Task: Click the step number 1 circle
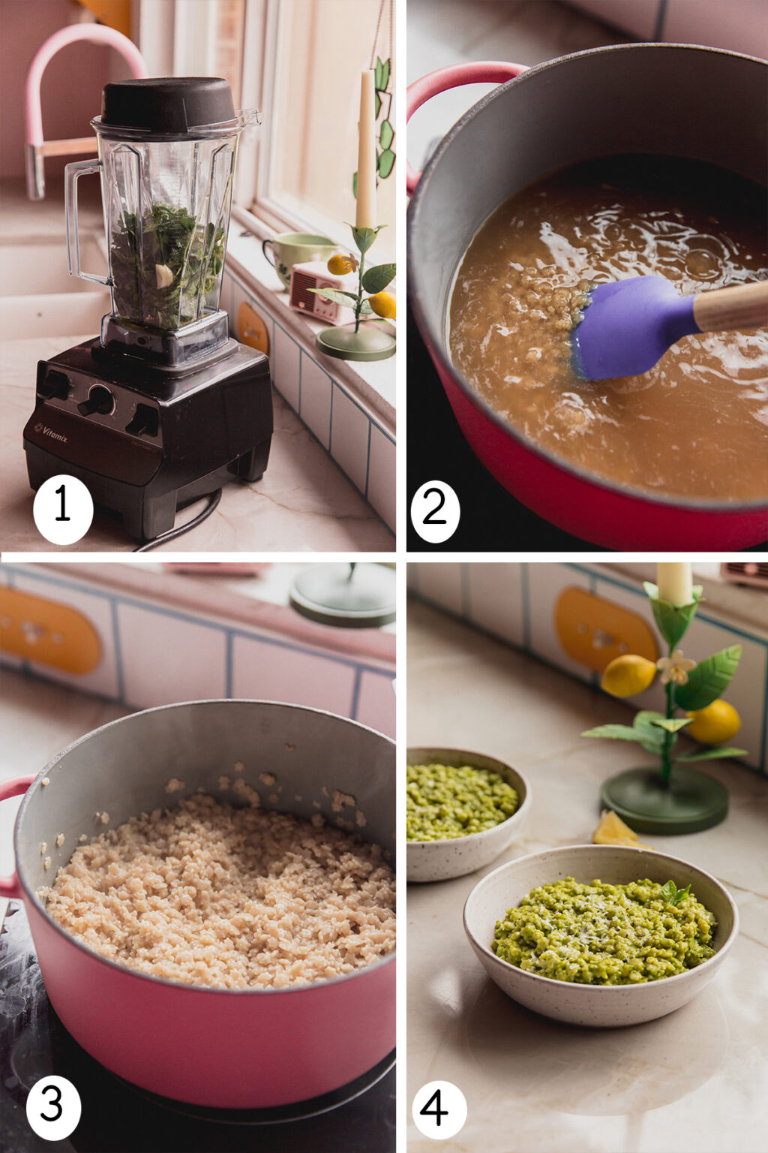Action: coord(63,508)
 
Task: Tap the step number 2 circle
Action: coord(435,508)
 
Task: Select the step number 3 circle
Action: coord(53,1107)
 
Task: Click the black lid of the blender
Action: coord(169,104)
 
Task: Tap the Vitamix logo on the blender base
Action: coord(50,431)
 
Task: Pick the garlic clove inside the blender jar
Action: coord(163,275)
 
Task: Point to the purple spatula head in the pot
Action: coord(630,327)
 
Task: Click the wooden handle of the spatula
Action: coord(731,306)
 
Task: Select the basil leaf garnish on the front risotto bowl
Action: coord(675,893)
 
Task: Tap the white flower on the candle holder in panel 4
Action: coord(676,666)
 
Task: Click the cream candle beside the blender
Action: coord(365,150)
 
